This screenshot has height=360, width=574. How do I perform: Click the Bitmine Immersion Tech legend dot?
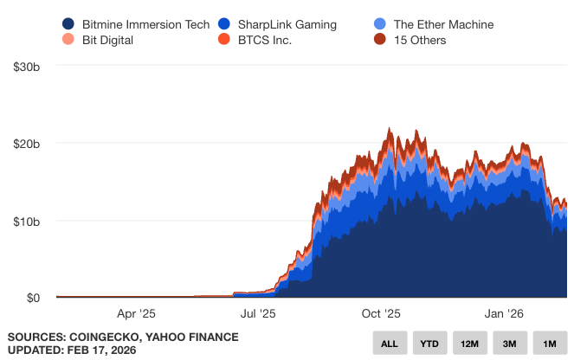click(x=68, y=24)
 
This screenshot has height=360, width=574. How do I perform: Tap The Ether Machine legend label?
click(x=443, y=24)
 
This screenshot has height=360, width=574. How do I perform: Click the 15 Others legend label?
click(x=420, y=40)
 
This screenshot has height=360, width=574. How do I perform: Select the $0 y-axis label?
click(x=33, y=298)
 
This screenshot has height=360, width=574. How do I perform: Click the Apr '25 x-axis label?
click(x=136, y=315)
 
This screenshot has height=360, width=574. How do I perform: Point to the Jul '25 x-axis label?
click(x=257, y=315)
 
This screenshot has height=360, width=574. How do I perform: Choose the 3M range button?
click(x=510, y=344)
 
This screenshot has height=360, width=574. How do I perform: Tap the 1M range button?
click(x=550, y=344)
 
